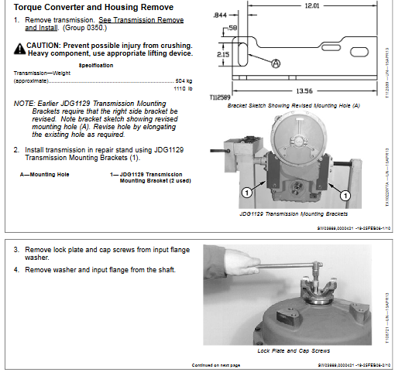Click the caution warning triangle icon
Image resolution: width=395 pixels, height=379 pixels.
(19, 47)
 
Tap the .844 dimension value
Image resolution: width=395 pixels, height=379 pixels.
(219, 14)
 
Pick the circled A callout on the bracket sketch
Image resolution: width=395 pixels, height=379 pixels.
(274, 65)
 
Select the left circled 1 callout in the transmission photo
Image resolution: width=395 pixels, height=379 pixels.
(246, 191)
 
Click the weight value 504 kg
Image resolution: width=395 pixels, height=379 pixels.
(183, 80)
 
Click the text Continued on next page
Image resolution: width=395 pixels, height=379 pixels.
(216, 364)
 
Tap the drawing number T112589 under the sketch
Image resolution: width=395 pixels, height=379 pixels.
(221, 97)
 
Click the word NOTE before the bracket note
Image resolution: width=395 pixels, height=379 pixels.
(24, 103)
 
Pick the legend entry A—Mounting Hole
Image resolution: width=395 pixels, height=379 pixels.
(44, 175)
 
